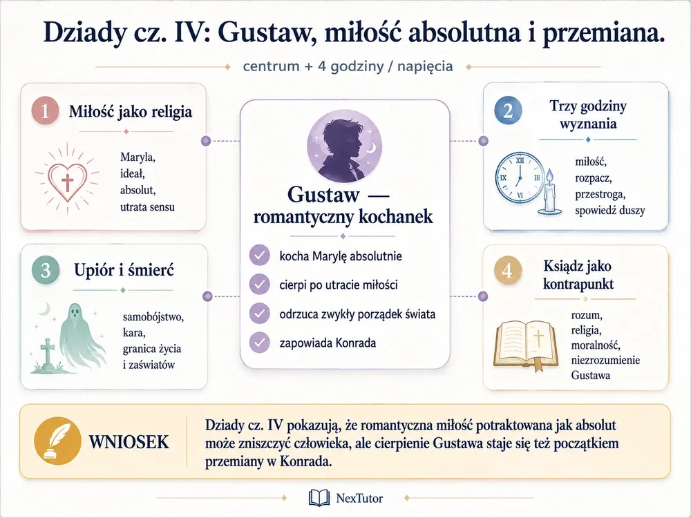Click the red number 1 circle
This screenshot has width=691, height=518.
point(45,111)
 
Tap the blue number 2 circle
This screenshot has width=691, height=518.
point(508,110)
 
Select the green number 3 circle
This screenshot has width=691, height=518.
point(46,270)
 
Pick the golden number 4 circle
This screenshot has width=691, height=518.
point(508,270)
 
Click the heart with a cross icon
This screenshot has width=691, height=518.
point(68,180)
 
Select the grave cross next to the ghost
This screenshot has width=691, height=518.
point(47,354)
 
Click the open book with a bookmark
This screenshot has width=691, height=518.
point(526,345)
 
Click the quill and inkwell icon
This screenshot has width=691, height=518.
point(58,441)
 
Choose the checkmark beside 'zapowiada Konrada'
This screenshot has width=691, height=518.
point(260,343)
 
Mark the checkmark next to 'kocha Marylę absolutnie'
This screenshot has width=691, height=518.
point(260,256)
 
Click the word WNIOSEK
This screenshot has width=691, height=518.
point(129,442)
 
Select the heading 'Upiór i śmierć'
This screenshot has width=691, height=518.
point(124,269)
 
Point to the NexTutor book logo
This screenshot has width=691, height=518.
point(319,498)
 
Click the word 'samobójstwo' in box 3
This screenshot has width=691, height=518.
point(153,317)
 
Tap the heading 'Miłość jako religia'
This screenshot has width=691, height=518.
point(131,111)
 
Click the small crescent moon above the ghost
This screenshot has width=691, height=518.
point(44,308)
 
